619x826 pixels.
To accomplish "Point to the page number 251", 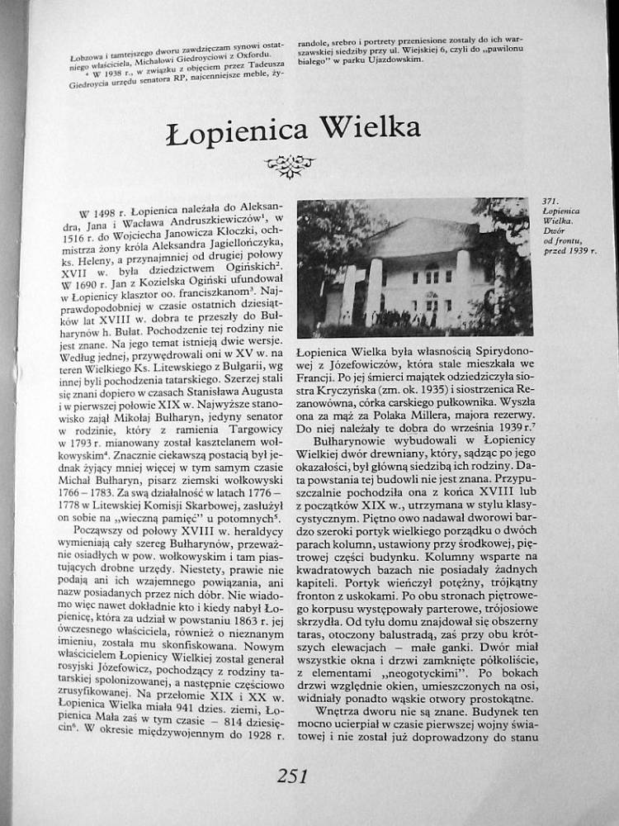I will click(292, 776).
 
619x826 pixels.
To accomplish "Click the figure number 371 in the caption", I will click(550, 202).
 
